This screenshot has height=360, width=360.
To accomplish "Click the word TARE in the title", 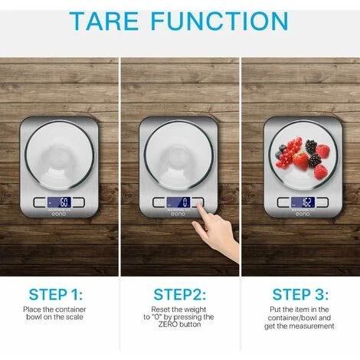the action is pos(103,21).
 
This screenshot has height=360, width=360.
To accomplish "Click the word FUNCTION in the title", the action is pos(220,21).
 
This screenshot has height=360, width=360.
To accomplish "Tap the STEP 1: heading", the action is pos(56,294).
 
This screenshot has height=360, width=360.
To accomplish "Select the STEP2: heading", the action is pos(179,294).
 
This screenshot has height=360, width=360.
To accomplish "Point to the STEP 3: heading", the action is pos(300,294).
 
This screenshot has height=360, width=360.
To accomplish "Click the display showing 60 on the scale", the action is pos(59,202).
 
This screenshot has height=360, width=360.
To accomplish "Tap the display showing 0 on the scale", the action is pos(178,202).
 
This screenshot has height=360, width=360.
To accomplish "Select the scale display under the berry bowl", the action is pos(303,202).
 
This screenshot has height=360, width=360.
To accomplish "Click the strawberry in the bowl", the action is pos(300,161).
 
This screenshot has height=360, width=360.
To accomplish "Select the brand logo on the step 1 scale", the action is pos(59,214).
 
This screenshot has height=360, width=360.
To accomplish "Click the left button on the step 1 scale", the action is pos(40,202).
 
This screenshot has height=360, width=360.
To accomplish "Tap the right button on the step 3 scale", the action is pos(322,202).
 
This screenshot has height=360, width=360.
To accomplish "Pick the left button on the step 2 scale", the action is pos(159,202).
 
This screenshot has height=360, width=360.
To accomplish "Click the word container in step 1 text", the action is pos(70,309).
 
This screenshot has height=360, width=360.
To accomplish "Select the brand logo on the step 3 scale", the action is pos(303,214).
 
